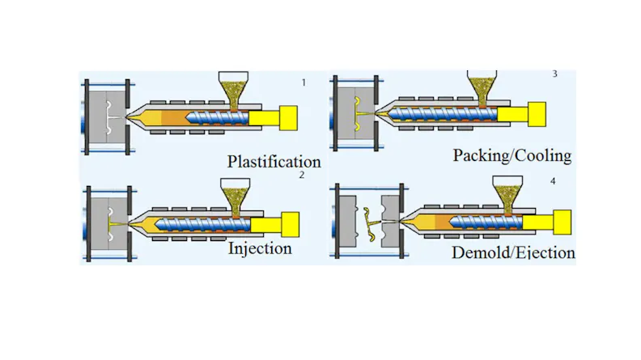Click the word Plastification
click(274, 161)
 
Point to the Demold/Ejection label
click(514, 253)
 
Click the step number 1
click(304, 83)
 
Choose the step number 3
click(554, 74)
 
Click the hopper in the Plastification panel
click(237, 88)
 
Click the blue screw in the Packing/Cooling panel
click(453, 112)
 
